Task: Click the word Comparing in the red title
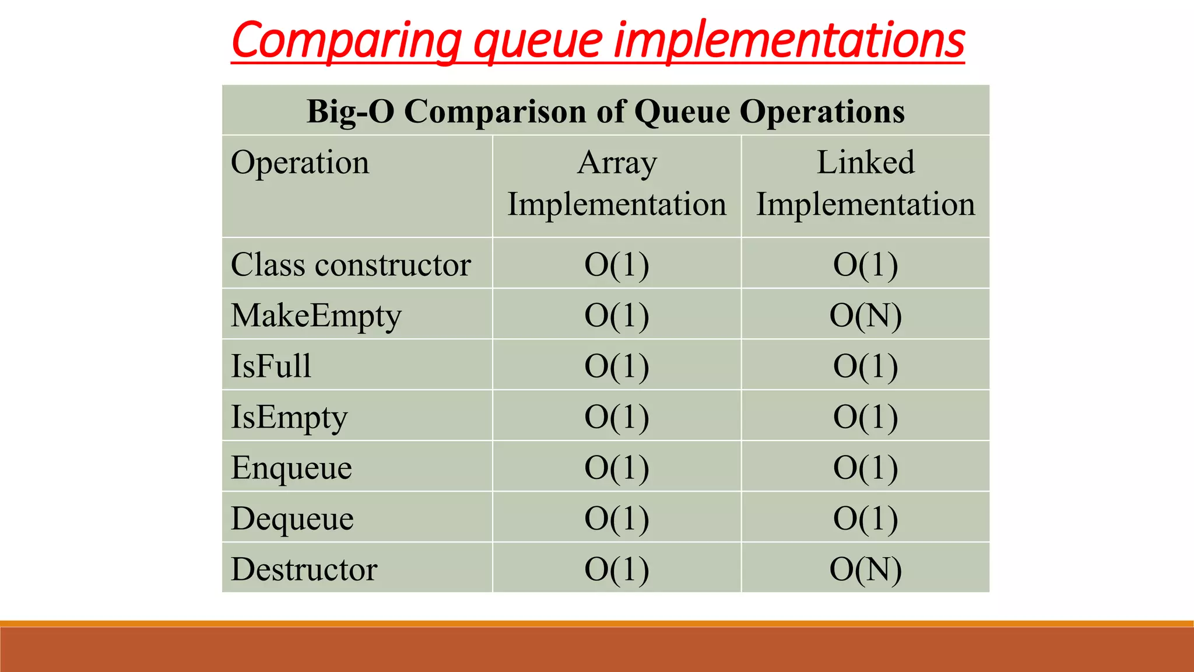(347, 41)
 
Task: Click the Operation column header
(300, 162)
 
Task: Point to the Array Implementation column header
(617, 183)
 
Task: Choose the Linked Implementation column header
(865, 183)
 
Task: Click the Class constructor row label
(351, 265)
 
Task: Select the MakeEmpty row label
(316, 316)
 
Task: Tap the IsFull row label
(271, 366)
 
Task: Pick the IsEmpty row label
(289, 417)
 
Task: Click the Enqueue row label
(292, 468)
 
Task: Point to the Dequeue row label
(292, 519)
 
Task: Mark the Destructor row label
(304, 569)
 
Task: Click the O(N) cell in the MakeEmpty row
(865, 316)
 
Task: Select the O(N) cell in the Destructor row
(865, 569)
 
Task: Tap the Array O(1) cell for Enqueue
(617, 468)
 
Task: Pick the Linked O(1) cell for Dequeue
(865, 519)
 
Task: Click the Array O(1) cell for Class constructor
(617, 265)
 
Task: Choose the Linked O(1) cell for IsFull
(865, 366)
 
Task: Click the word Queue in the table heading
(682, 111)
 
